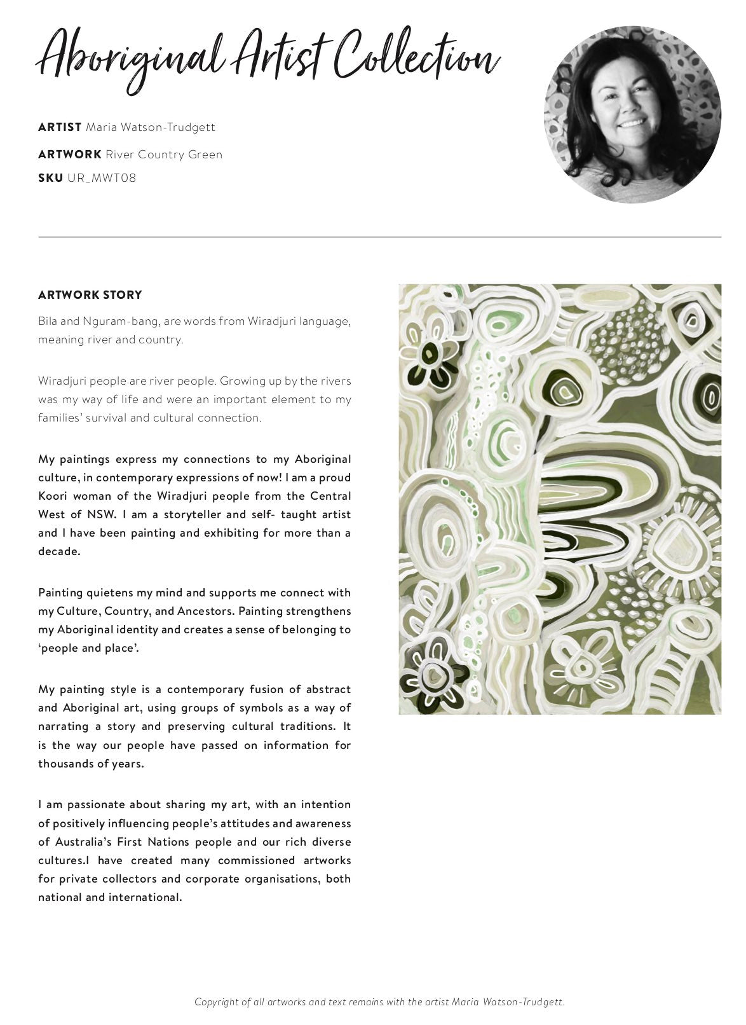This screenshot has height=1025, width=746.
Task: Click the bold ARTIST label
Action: (60, 127)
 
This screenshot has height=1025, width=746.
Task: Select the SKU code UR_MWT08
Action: (101, 178)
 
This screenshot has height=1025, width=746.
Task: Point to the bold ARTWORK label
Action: (70, 155)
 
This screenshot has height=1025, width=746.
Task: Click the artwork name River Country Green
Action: (164, 155)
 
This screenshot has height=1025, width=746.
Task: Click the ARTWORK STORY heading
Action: (90, 295)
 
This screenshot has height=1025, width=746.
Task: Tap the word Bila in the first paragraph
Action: (48, 321)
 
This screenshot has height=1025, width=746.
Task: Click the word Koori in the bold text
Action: (54, 496)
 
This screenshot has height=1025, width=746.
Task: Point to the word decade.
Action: (59, 551)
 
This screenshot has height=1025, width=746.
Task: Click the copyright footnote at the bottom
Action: (379, 1002)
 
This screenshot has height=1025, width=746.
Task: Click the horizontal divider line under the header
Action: (379, 237)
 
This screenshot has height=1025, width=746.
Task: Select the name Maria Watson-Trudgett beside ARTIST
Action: (151, 127)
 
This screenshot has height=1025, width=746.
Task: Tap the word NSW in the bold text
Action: (102, 514)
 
